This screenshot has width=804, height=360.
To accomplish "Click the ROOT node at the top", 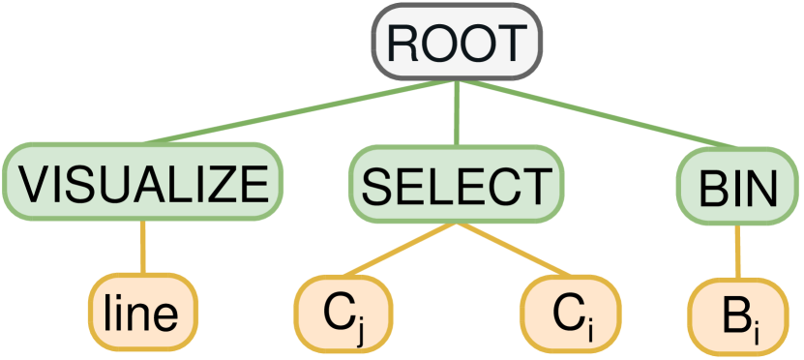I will tap(458, 43).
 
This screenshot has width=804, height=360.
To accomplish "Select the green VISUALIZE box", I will tap(143, 181).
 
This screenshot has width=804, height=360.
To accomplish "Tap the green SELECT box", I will tap(455, 181).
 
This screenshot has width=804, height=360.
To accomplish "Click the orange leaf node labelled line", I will tap(143, 313).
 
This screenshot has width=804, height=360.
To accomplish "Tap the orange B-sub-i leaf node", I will tap(739, 313).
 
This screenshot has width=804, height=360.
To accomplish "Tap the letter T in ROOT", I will tap(512, 44).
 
